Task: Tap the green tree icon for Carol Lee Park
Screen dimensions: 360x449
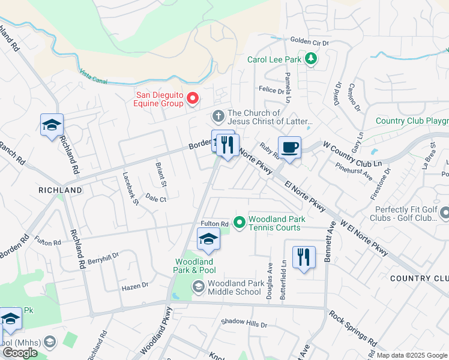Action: coord(311,59)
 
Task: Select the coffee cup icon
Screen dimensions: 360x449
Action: coord(289,148)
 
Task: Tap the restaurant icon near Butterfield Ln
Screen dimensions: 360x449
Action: coord(304,257)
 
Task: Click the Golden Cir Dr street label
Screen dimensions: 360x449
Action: coord(310,43)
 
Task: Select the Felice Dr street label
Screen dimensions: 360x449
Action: coord(271,90)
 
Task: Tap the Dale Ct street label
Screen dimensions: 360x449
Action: coord(155,199)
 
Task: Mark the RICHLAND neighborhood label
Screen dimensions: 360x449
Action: coord(60,190)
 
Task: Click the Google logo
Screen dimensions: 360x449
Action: coord(20,353)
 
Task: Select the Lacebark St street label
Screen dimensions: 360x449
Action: coord(130,190)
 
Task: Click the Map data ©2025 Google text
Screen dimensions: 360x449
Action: coord(412,355)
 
